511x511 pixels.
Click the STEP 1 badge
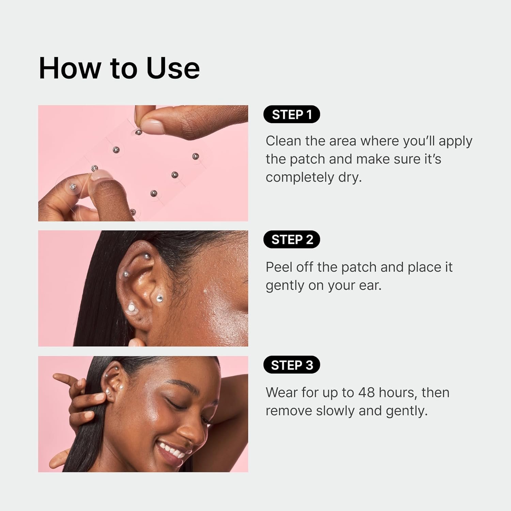292,114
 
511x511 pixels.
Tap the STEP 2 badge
292,239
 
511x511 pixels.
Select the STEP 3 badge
292,365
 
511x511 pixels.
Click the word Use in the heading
173,68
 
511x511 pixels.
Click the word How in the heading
70,68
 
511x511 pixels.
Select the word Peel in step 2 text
279,267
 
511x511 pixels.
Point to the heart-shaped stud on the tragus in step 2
159,299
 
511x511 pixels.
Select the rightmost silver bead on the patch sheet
195,156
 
